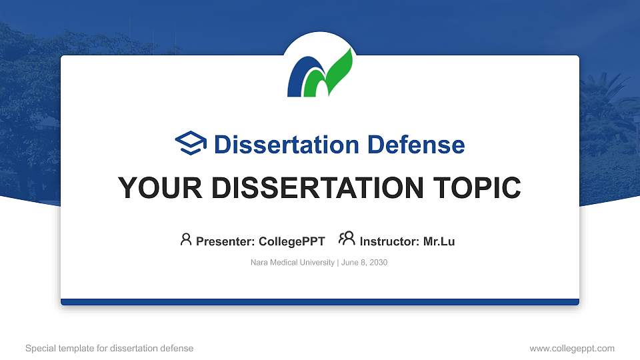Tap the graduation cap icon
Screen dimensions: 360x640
[191, 143]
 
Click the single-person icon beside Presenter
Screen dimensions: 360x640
[186, 239]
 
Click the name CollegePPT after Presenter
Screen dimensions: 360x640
[291, 241]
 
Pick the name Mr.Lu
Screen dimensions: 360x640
[439, 241]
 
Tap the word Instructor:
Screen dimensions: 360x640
[390, 241]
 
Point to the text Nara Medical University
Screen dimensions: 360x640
[293, 263]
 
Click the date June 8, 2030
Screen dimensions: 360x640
[365, 263]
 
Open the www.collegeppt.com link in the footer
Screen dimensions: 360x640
[572, 348]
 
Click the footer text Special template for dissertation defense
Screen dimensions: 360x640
[109, 348]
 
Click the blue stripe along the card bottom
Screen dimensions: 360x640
[320, 302]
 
